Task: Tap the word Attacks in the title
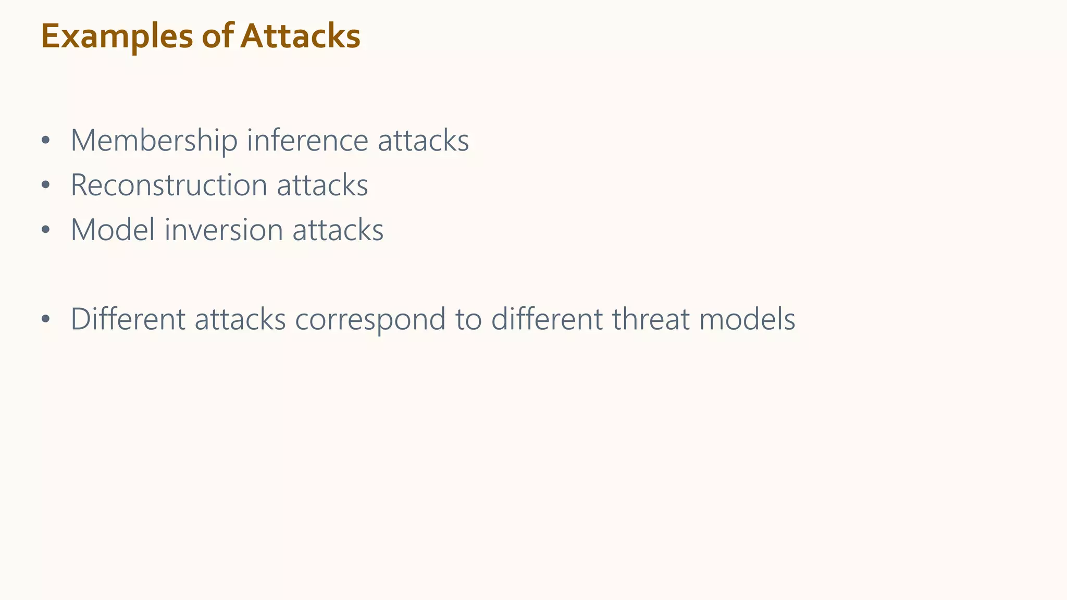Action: (300, 36)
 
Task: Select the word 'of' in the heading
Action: (217, 36)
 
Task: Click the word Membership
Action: (154, 141)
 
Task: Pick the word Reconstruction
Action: (169, 185)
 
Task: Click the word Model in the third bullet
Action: (113, 230)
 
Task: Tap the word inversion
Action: (224, 230)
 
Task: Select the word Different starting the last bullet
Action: (128, 319)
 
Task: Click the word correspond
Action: (370, 319)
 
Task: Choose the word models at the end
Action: (747, 319)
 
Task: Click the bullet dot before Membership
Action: (46, 141)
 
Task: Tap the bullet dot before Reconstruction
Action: (46, 185)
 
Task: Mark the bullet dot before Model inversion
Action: (46, 230)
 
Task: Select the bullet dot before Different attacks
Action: (46, 319)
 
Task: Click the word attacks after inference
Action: (423, 141)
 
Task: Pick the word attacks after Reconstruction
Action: (322, 185)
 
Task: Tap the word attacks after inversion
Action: (338, 230)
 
